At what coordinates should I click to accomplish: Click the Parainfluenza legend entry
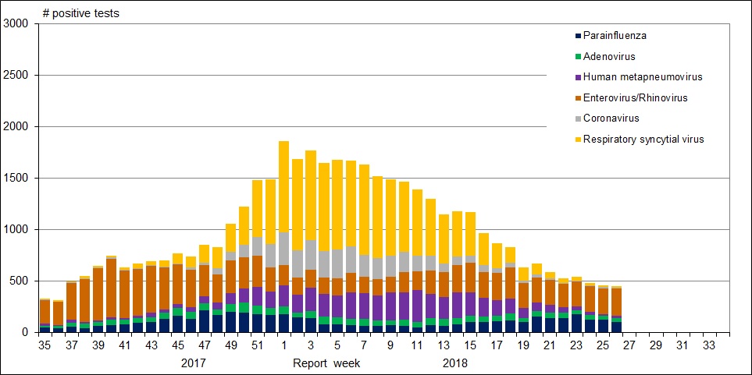click(x=615, y=35)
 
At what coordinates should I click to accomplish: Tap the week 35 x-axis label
click(x=45, y=345)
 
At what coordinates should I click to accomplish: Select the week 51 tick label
click(x=257, y=345)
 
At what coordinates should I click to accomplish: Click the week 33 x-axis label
click(x=710, y=345)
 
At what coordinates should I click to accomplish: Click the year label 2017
click(x=194, y=363)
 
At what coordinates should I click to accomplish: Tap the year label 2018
click(x=455, y=363)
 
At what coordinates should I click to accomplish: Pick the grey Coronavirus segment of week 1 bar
click(x=283, y=249)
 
